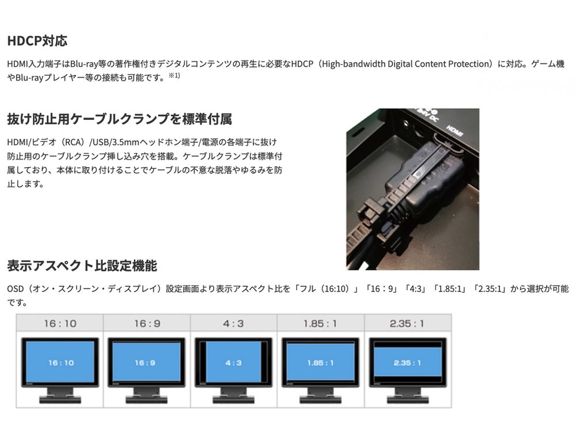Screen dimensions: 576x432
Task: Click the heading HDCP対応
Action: coord(37,41)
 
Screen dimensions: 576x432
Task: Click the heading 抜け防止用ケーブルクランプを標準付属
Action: coord(119,119)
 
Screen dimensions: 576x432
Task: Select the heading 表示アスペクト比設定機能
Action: coord(82,266)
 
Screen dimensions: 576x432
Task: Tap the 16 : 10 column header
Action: coord(60,324)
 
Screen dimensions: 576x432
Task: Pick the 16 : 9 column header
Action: coord(147,324)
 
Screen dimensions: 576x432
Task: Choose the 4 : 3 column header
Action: coord(233,324)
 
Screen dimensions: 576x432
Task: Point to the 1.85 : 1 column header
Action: coord(320,324)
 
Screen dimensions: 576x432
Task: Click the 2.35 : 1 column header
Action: coord(407,324)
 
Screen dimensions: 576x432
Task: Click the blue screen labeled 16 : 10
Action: coord(60,362)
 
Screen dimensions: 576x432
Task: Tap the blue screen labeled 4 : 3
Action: coord(233,362)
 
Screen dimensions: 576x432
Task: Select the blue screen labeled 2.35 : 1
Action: coord(407,362)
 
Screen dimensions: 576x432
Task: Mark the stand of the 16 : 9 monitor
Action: coord(146,395)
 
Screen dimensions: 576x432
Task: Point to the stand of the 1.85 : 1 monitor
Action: coord(320,395)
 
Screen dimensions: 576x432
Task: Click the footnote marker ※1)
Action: coord(174,75)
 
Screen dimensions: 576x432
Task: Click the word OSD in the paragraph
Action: coord(16,289)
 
